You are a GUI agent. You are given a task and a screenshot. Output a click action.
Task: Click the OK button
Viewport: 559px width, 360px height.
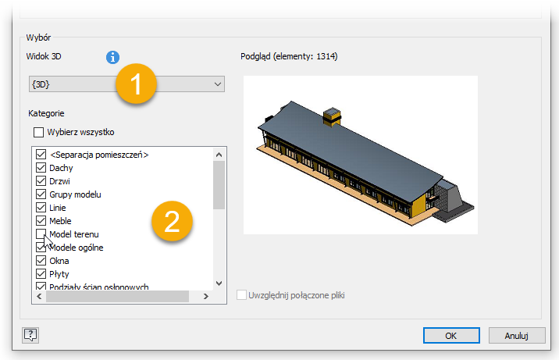click(x=451, y=336)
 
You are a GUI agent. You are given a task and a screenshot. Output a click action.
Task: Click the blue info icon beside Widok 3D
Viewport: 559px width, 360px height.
click(x=112, y=57)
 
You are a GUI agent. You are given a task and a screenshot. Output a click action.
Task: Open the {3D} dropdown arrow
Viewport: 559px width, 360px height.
click(x=218, y=84)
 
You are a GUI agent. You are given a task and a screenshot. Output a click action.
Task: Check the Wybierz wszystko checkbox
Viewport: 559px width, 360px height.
click(x=38, y=132)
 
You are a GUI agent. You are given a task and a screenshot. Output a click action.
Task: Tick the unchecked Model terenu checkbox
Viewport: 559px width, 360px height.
click(x=41, y=233)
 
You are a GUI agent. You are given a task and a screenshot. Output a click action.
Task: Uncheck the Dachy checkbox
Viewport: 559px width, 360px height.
click(x=41, y=168)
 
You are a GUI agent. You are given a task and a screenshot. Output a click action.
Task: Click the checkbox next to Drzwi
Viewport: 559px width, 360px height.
click(x=41, y=180)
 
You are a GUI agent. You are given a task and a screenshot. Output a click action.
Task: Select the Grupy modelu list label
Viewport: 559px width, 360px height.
click(x=75, y=194)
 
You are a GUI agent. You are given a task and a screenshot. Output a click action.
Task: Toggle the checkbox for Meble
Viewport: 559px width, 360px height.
click(x=41, y=221)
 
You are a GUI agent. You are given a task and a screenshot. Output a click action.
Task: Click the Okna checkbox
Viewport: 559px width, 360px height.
click(x=41, y=261)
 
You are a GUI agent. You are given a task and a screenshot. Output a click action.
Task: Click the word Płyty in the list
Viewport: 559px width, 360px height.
click(x=59, y=274)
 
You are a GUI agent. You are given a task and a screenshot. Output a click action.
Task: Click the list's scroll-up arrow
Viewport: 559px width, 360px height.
click(x=219, y=155)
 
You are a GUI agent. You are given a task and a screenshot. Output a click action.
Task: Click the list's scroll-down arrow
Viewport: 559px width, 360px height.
click(x=219, y=283)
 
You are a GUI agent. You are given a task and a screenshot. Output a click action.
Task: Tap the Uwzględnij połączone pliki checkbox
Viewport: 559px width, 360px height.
click(x=241, y=295)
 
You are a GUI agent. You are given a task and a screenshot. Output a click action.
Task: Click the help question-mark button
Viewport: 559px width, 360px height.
click(x=30, y=335)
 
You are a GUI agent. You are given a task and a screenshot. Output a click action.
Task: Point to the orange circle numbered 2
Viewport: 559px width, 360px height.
click(x=172, y=221)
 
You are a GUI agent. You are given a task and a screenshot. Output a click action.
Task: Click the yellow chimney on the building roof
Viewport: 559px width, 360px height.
click(x=332, y=116)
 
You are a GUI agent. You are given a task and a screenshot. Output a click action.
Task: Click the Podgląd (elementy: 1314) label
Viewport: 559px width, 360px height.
click(x=289, y=56)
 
